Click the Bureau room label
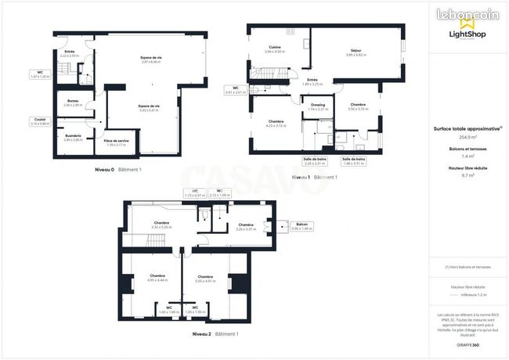(x=73, y=103)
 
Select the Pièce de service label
(x=117, y=142)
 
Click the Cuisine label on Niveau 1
(x=274, y=49)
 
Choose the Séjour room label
(x=356, y=52)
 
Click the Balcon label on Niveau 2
(x=301, y=227)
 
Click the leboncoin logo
(x=467, y=15)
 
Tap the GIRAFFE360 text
(x=467, y=344)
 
